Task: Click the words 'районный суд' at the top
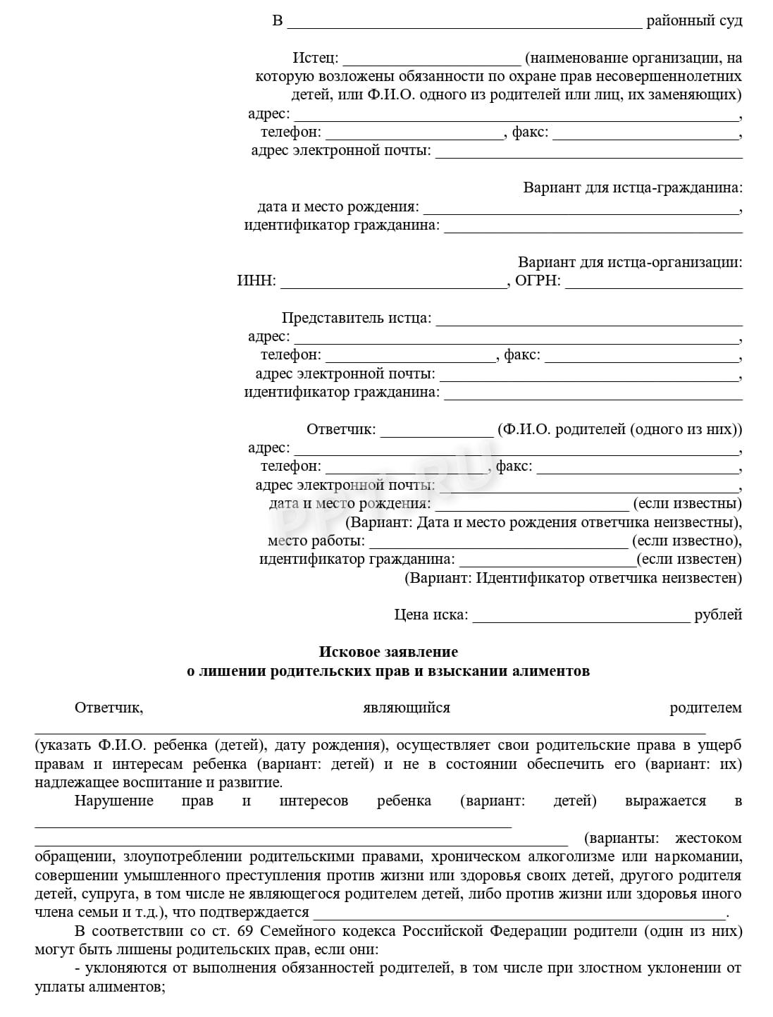click(694, 20)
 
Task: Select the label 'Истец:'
click(315, 58)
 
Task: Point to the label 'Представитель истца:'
click(357, 318)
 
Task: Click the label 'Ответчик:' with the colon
click(341, 429)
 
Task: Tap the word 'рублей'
click(718, 615)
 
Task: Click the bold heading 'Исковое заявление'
click(388, 652)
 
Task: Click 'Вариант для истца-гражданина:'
click(632, 187)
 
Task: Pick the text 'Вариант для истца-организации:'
click(630, 262)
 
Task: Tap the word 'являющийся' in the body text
click(406, 708)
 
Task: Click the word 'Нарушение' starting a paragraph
click(113, 801)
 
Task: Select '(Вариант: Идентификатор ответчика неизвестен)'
click(573, 578)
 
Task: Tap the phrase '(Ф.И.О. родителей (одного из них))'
click(619, 429)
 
